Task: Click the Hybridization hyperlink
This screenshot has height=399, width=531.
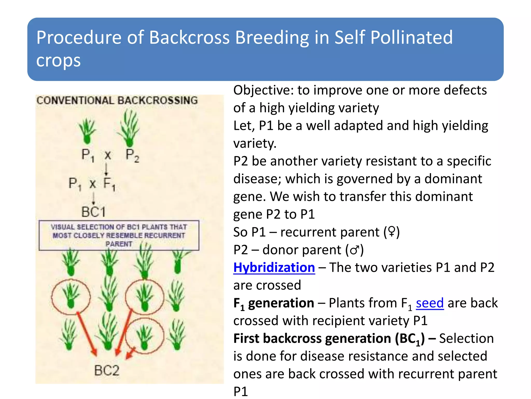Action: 274,268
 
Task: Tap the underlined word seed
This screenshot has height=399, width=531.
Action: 430,303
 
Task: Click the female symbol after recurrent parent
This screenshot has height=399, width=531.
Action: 392,231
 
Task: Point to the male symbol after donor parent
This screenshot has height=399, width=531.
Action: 355,250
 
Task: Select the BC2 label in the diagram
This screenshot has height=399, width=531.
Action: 107,370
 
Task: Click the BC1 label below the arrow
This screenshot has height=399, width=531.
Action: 94,212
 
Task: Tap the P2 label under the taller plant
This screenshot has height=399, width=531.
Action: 132,155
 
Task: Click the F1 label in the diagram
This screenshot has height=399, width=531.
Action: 109,184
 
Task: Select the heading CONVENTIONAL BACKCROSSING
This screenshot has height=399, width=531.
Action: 117,101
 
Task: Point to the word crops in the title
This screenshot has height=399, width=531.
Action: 58,61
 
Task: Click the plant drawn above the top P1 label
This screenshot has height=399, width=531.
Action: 87,131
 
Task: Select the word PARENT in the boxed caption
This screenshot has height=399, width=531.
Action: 119,244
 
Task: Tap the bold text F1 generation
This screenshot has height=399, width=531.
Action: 274,303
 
